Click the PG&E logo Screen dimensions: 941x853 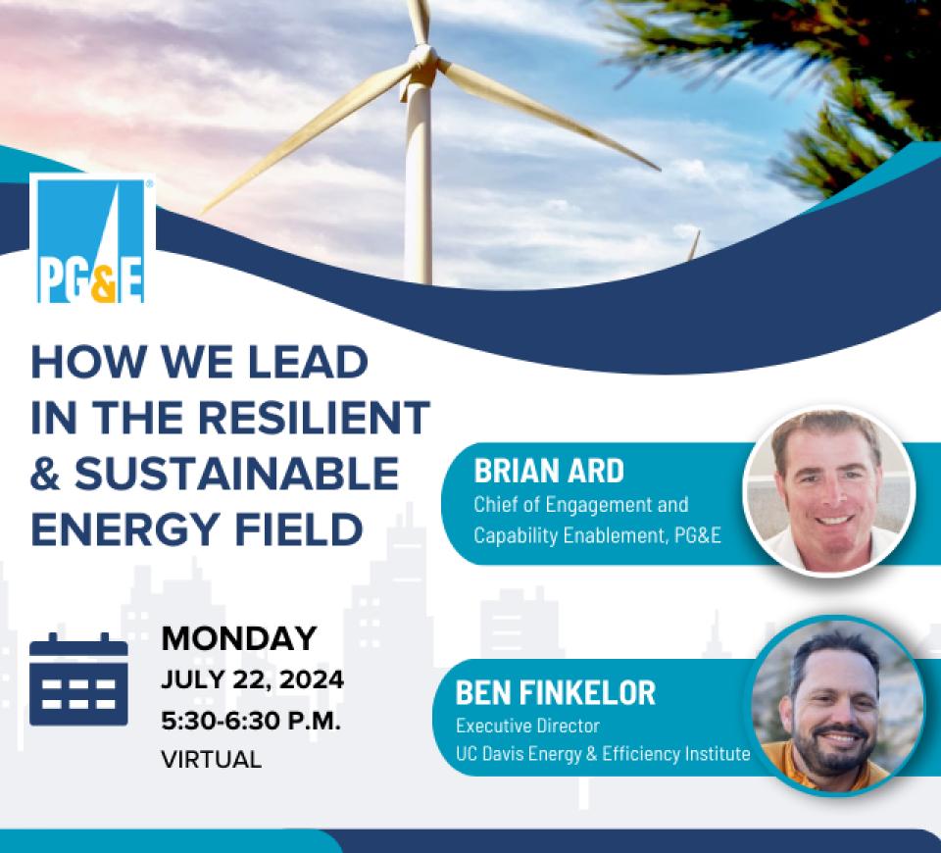point(92,239)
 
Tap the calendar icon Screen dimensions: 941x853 point(78,678)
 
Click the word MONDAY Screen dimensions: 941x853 point(239,638)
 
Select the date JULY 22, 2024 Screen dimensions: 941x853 point(252,680)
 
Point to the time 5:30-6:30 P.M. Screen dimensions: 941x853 point(251,721)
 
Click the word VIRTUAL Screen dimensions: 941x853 point(212,760)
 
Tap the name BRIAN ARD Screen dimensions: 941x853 point(549,471)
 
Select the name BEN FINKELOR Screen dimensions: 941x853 point(555,693)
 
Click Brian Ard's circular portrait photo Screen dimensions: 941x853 point(829,491)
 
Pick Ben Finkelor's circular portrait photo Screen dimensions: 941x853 point(838,705)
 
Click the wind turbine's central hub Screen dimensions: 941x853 point(423,59)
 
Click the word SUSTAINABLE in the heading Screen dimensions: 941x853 point(236,474)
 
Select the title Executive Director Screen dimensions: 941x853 point(527,726)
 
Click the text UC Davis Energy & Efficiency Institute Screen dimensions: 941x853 point(603,754)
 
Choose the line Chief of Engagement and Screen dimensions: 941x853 point(581,505)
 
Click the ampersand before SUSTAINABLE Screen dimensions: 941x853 point(46,474)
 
